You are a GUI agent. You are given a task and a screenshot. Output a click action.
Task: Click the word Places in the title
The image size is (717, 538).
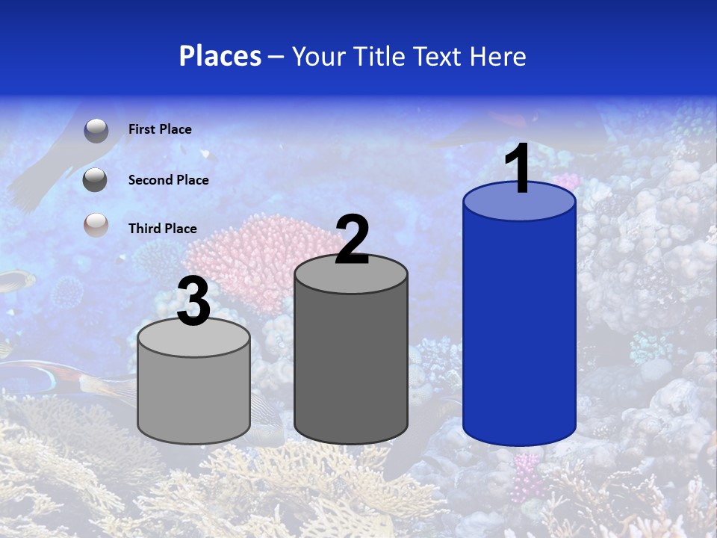(x=220, y=56)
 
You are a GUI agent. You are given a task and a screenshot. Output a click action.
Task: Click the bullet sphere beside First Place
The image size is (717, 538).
(x=96, y=130)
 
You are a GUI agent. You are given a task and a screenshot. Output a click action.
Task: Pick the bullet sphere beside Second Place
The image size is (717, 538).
(x=95, y=180)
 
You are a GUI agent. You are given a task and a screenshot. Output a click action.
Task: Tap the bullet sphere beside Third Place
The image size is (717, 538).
(x=96, y=225)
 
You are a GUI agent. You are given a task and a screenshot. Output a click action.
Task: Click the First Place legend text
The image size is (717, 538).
(x=160, y=129)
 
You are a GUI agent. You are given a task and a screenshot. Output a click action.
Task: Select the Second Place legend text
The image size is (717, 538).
(x=168, y=180)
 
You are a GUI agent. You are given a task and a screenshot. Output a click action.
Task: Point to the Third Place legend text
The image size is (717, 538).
(x=163, y=229)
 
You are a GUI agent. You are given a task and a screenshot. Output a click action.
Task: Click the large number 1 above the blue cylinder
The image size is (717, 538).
(x=518, y=169)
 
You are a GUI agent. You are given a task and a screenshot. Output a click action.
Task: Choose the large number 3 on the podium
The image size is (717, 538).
(x=194, y=302)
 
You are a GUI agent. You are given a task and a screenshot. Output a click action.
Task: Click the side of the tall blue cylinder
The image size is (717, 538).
(x=519, y=329)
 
